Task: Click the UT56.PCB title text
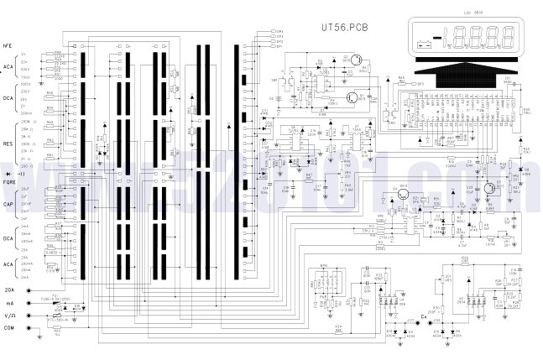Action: coord(343,26)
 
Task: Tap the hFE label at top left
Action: coord(8,45)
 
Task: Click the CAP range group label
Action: coord(8,204)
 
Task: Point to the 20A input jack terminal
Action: coord(31,290)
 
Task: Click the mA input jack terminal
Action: coord(31,302)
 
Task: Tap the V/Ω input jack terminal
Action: coord(31,316)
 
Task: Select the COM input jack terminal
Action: coord(31,327)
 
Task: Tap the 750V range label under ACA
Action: coord(24,76)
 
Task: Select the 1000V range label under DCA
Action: coord(24,84)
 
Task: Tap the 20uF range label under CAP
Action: coord(24,190)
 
